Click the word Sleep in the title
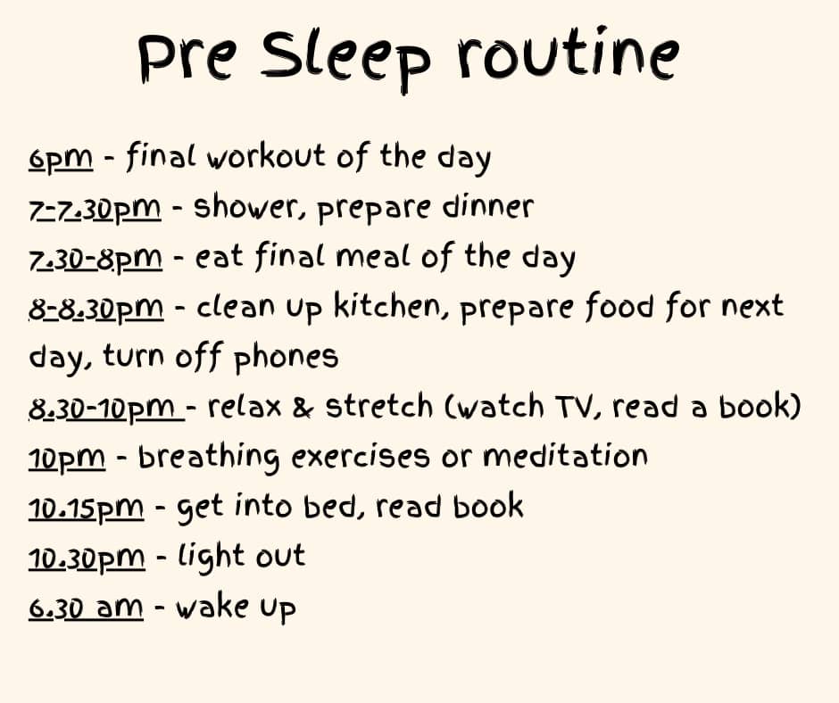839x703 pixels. click(345, 60)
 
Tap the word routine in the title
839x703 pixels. click(568, 54)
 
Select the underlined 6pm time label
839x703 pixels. click(61, 159)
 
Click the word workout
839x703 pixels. click(267, 156)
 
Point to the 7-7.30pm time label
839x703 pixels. click(95, 209)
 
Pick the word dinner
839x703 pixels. click(488, 206)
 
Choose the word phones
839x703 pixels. click(287, 358)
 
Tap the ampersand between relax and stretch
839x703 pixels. click(303, 407)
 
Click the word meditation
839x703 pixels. click(565, 457)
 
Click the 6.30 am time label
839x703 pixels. click(86, 608)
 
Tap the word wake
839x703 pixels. click(212, 606)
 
